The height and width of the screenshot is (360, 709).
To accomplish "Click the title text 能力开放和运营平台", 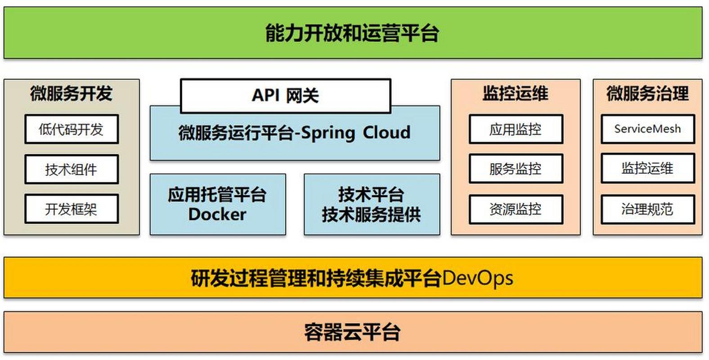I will tap(352, 33).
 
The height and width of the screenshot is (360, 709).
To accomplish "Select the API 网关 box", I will tap(285, 95).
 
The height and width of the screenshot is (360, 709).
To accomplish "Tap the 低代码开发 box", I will tap(72, 130).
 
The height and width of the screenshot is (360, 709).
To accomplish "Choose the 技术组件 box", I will tap(72, 170).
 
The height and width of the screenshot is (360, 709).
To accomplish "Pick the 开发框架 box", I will tap(72, 209).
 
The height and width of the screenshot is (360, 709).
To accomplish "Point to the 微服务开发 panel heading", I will tap(71, 94).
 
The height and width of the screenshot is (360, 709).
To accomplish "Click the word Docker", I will tap(217, 214).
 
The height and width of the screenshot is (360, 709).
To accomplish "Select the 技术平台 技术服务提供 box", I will tap(372, 205).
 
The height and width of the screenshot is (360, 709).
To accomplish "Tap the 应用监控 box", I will tap(516, 130).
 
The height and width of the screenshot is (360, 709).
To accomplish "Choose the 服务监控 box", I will tap(516, 169).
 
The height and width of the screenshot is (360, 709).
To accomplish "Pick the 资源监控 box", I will tap(516, 209).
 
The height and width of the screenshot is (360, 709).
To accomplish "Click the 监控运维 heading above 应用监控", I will tap(516, 94).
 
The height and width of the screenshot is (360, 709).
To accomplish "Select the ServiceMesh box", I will tap(647, 129).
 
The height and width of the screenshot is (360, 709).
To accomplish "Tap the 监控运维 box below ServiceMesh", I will tap(647, 168).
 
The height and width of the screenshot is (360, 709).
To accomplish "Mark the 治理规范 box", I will tap(647, 209).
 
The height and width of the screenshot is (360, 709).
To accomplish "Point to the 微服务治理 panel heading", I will tap(647, 94).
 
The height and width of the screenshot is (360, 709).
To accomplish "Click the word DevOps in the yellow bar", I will tap(477, 278).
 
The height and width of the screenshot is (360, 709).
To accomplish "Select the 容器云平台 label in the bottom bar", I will tap(352, 333).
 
